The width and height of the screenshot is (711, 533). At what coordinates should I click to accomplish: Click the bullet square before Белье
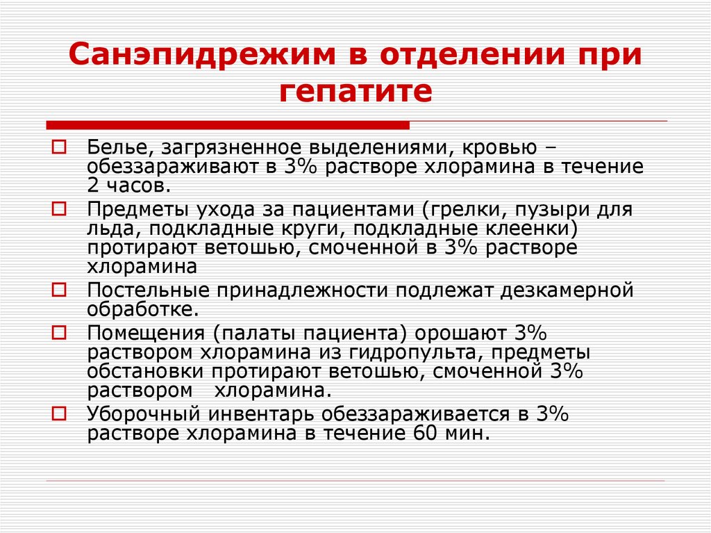60,148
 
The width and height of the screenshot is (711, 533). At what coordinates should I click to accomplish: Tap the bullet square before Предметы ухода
60,208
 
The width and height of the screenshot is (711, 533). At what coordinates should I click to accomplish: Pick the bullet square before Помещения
60,329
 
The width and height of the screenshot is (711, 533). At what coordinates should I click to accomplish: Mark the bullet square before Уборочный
60,413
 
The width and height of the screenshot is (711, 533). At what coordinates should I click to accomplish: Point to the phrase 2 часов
127,186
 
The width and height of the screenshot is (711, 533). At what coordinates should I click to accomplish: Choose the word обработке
142,308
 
